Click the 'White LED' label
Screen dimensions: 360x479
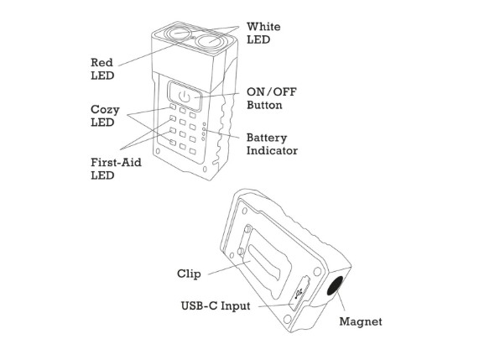[264, 34]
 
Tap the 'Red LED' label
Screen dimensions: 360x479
[102, 69]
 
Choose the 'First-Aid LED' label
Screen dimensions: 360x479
[113, 168]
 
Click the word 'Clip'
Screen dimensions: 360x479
[189, 274]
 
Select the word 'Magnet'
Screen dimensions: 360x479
[361, 321]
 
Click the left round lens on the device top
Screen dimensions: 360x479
[178, 34]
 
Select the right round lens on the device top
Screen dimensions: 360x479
[216, 39]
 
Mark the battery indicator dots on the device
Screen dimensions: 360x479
[216, 132]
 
